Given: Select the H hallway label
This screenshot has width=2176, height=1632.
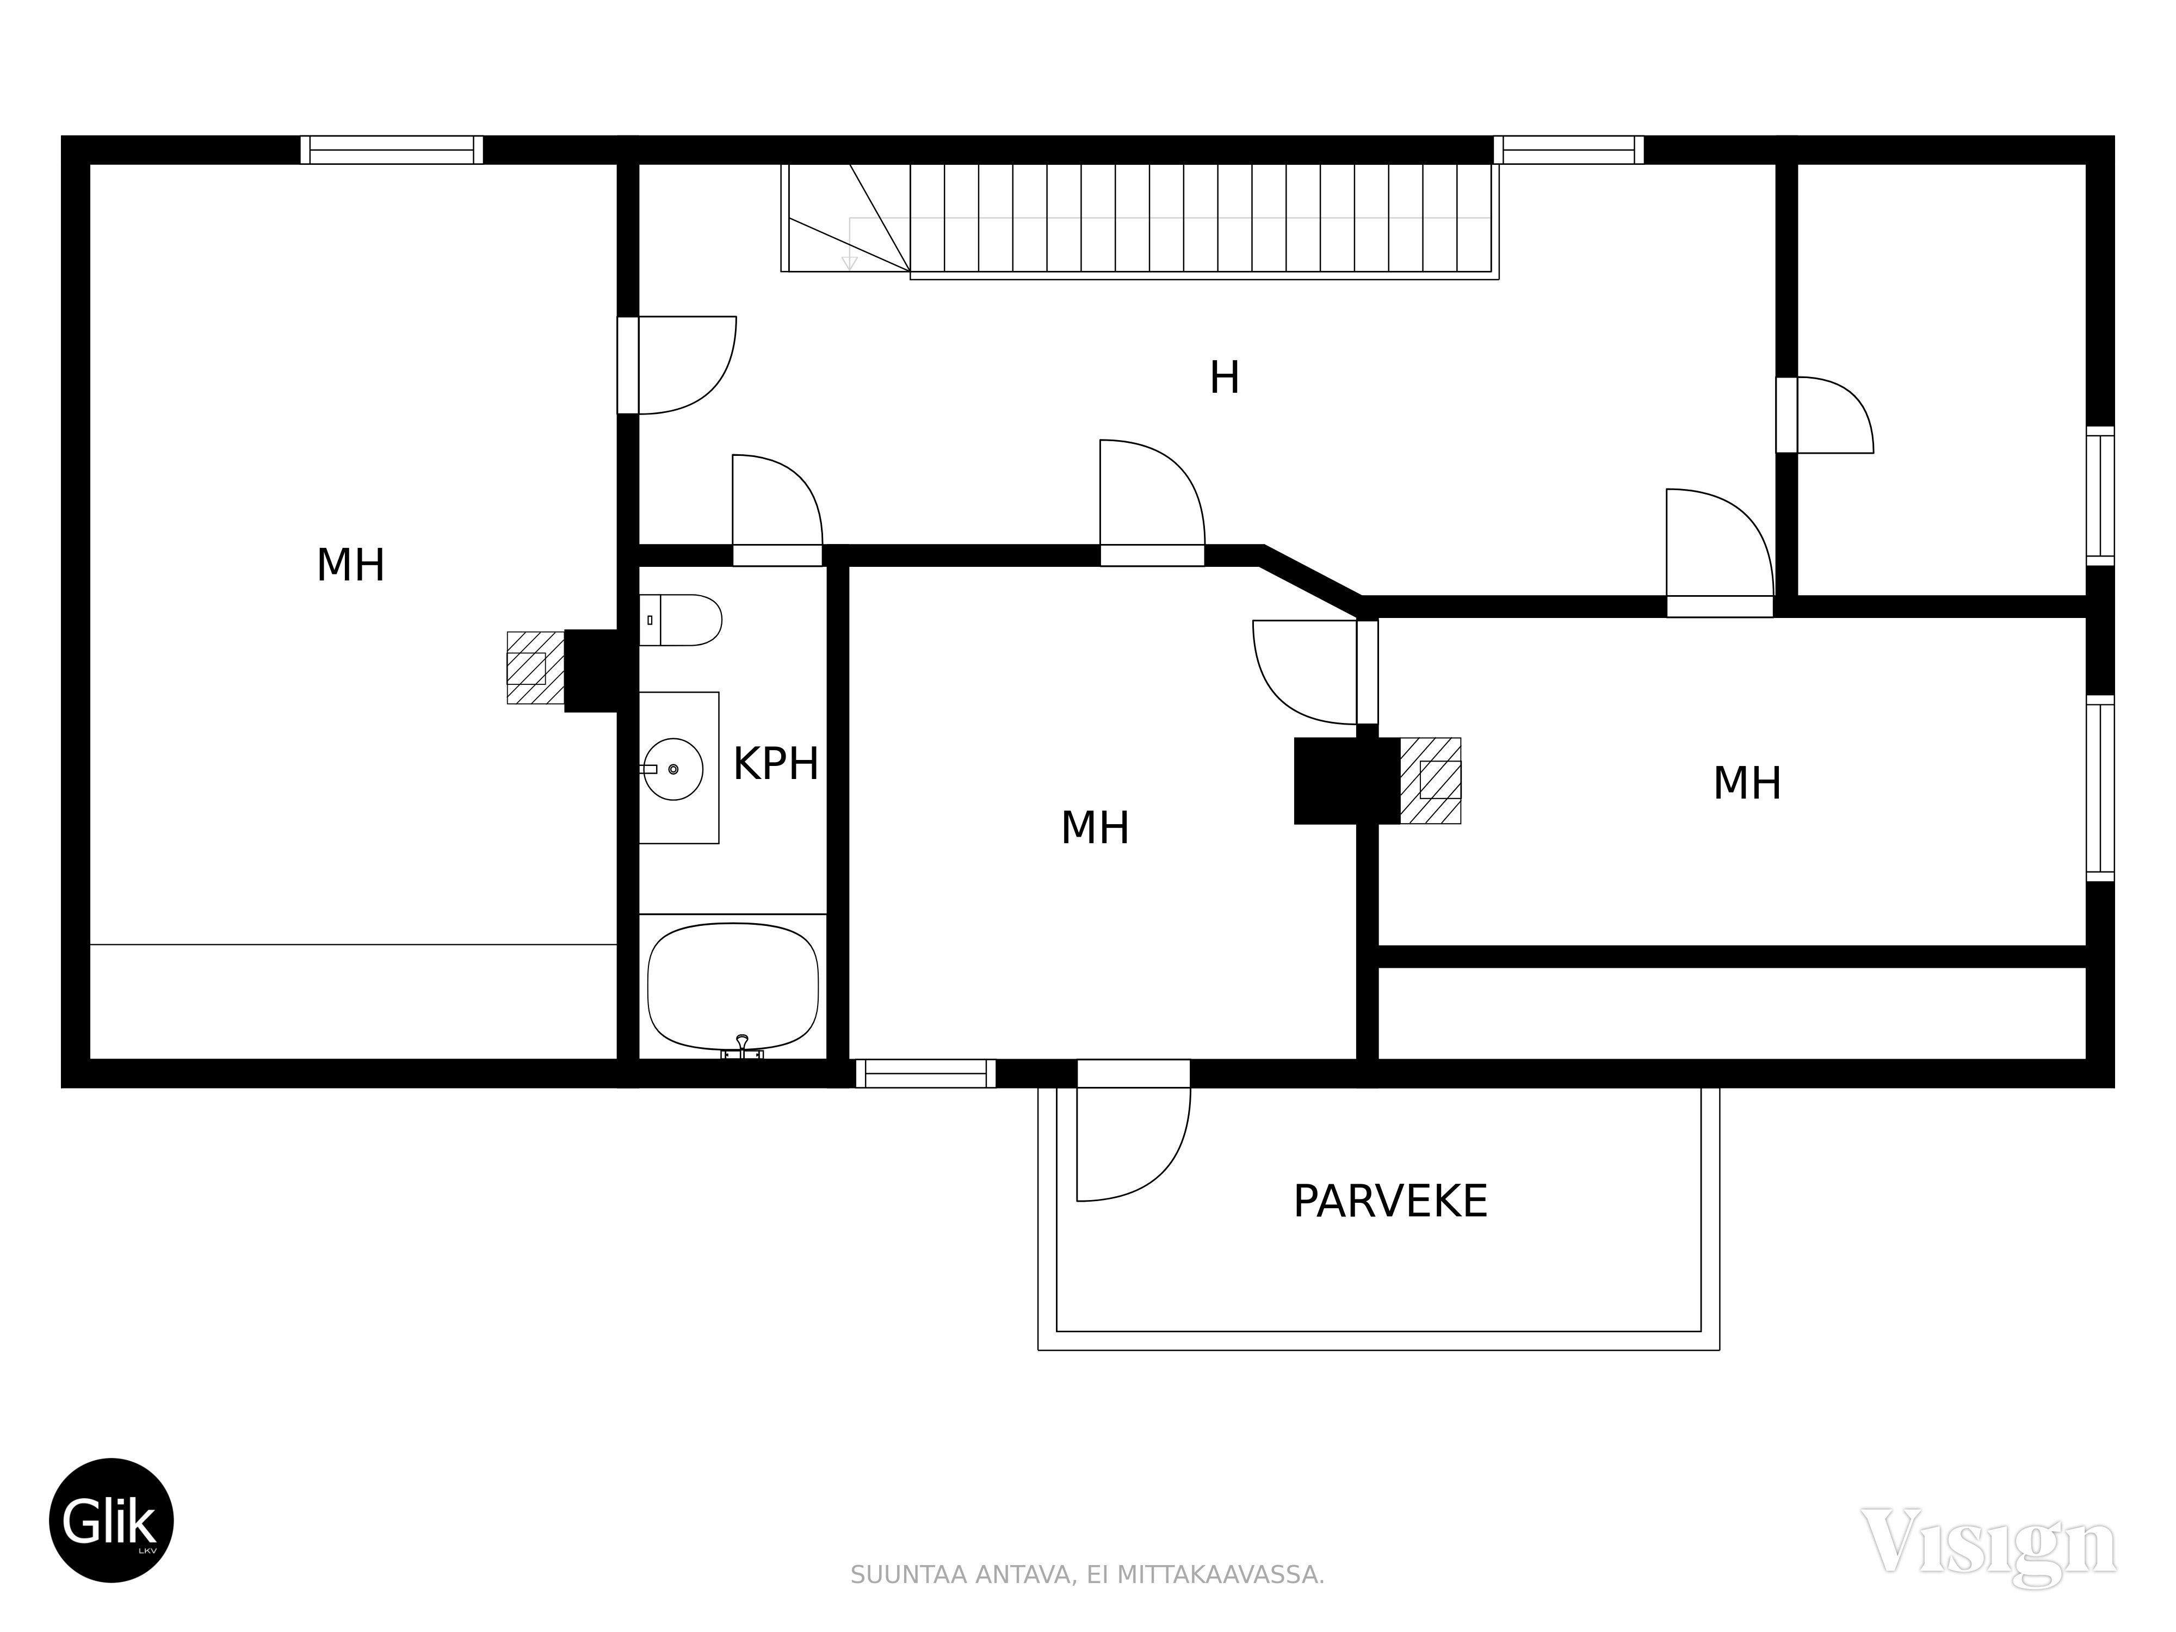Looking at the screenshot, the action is pos(1224,378).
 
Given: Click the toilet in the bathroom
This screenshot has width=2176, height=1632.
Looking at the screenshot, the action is pos(681,620).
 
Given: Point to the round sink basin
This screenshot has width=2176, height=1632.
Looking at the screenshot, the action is pos(673,768).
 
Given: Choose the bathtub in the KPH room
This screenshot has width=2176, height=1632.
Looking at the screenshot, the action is pos(733,986).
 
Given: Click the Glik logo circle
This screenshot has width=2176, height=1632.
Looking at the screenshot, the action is pos(111,1520).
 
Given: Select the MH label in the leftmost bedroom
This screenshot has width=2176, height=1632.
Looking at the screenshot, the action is pos(350,566).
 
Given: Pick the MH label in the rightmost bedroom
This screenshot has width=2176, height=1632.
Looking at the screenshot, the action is pos(1747,784).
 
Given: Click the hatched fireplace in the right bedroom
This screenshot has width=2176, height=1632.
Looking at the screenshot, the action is pos(1430,780).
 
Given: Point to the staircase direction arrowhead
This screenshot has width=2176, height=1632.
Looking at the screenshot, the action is pos(849,262).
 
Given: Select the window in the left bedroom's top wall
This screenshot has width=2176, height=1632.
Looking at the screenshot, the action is pos(392,150).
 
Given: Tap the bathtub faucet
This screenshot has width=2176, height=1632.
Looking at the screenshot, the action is pos(741,1049).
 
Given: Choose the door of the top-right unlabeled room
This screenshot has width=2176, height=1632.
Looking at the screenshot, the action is pos(1825,415).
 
